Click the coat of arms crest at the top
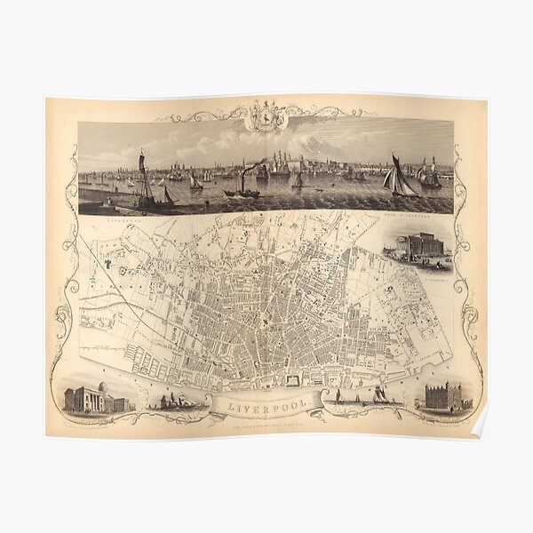[264, 115]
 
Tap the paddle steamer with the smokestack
[242, 189]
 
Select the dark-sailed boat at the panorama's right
[399, 179]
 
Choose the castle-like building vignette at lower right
[444, 397]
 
